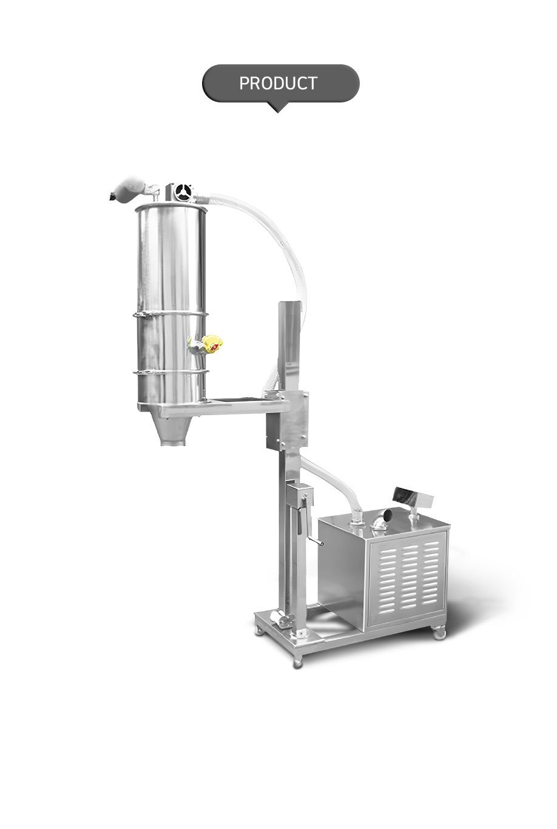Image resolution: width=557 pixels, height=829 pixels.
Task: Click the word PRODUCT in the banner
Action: [278, 83]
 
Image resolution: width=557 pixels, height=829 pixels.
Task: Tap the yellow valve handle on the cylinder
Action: [212, 342]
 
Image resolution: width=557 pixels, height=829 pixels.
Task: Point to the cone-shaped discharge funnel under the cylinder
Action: [174, 431]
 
